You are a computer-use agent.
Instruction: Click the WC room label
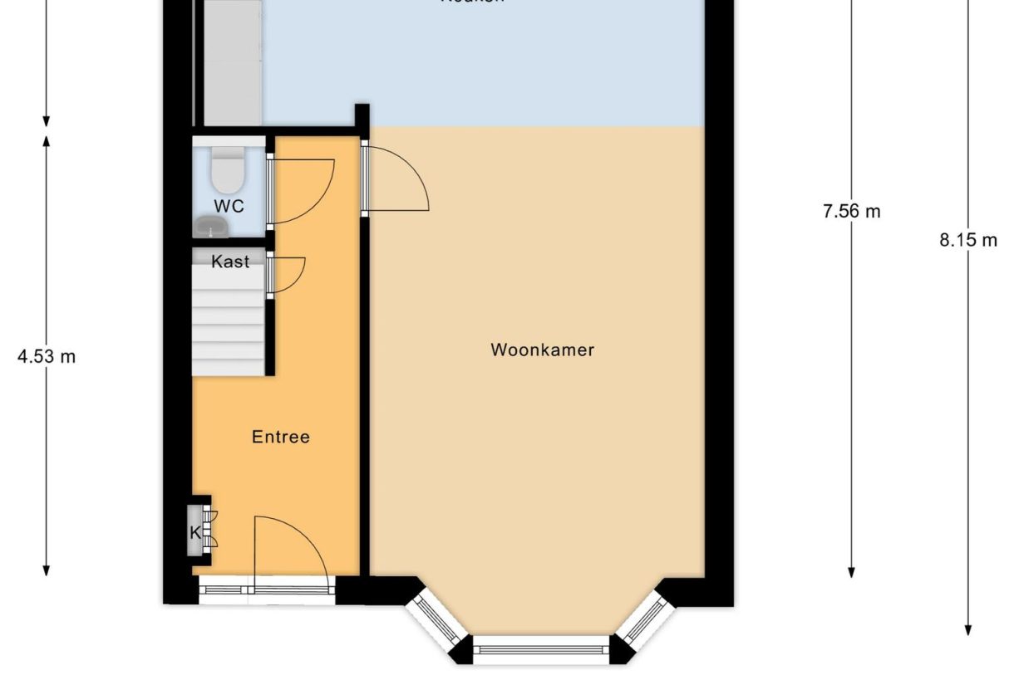click(229, 206)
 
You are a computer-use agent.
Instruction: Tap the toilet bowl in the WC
click(227, 171)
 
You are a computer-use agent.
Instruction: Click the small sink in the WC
click(211, 226)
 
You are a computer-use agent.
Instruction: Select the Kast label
click(230, 262)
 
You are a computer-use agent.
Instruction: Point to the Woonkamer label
click(542, 350)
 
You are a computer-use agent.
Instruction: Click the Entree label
click(281, 437)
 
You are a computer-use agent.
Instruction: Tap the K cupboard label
click(196, 532)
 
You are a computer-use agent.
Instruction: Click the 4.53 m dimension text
click(47, 357)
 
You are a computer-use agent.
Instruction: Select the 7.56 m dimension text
click(851, 212)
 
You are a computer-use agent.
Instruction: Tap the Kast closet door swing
click(288, 274)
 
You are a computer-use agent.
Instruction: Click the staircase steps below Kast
click(229, 324)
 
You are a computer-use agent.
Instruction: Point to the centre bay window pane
click(541, 649)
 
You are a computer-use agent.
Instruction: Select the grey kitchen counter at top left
click(233, 62)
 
